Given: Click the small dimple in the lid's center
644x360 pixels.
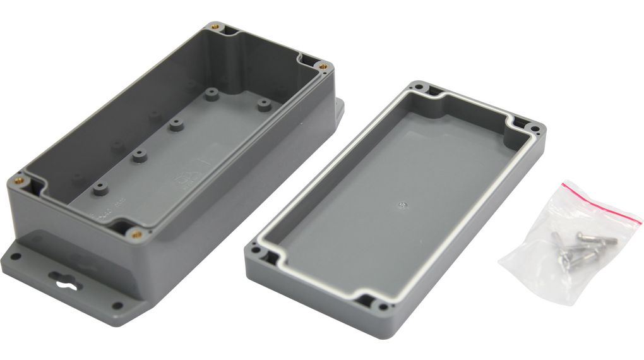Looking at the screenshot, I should click(402, 204).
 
